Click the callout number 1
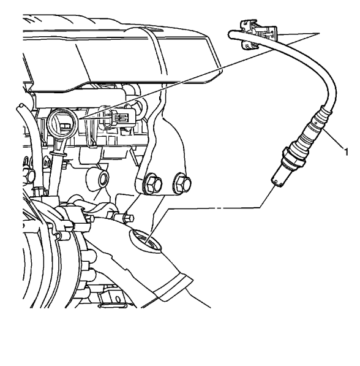[346, 152]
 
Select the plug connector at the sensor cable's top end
[258, 34]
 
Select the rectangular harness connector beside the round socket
[119, 116]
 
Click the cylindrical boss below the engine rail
[98, 180]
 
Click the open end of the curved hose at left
[20, 106]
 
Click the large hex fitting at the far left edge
[28, 175]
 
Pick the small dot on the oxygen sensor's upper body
[315, 122]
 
